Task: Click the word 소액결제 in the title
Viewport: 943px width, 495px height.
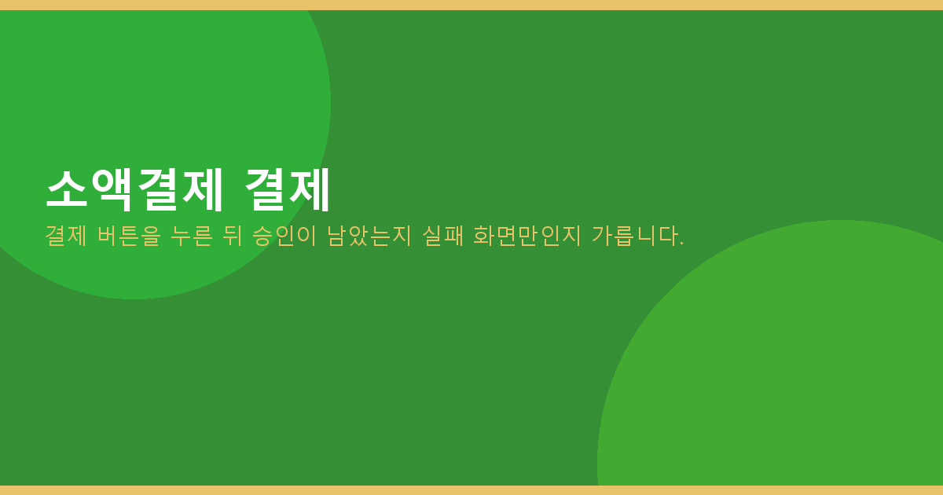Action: pyautogui.click(x=134, y=190)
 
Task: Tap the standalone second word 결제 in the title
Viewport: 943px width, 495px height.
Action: pyautogui.click(x=287, y=190)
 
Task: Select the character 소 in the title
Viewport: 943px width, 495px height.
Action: pyautogui.click(x=67, y=189)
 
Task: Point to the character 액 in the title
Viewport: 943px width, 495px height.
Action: pyautogui.click(x=112, y=190)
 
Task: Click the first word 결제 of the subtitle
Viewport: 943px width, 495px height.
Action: pyautogui.click(x=66, y=236)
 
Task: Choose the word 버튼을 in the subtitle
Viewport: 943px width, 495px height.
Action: pyautogui.click(x=129, y=236)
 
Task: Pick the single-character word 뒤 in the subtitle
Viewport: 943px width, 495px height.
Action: pyautogui.click(x=233, y=236)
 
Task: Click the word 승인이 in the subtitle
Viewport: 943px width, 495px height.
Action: pyautogui.click(x=284, y=236)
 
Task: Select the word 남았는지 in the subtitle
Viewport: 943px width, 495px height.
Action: pyautogui.click(x=369, y=236)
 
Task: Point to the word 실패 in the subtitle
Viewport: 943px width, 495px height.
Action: pyautogui.click(x=442, y=236)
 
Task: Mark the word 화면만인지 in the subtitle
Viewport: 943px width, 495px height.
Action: pyautogui.click(x=527, y=236)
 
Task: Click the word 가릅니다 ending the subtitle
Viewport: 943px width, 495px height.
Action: pyautogui.click(x=633, y=236)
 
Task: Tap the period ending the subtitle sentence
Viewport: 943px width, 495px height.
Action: pyautogui.click(x=681, y=244)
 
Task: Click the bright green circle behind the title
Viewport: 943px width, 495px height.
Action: pyautogui.click(x=139, y=105)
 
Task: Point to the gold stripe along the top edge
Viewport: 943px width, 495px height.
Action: pyautogui.click(x=472, y=5)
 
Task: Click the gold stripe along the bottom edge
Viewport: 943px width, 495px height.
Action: pyautogui.click(x=472, y=490)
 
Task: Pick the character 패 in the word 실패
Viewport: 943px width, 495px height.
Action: pyautogui.click(x=453, y=236)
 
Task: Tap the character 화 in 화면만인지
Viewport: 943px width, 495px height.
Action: pyautogui.click(x=484, y=236)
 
